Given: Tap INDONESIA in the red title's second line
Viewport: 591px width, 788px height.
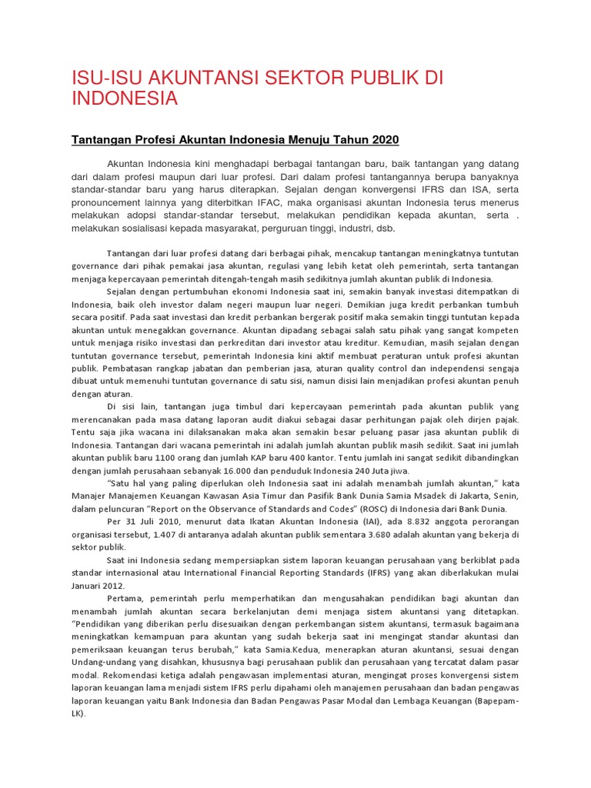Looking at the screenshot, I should tap(125, 98).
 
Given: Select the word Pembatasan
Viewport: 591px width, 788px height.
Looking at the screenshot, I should tap(95, 380).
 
